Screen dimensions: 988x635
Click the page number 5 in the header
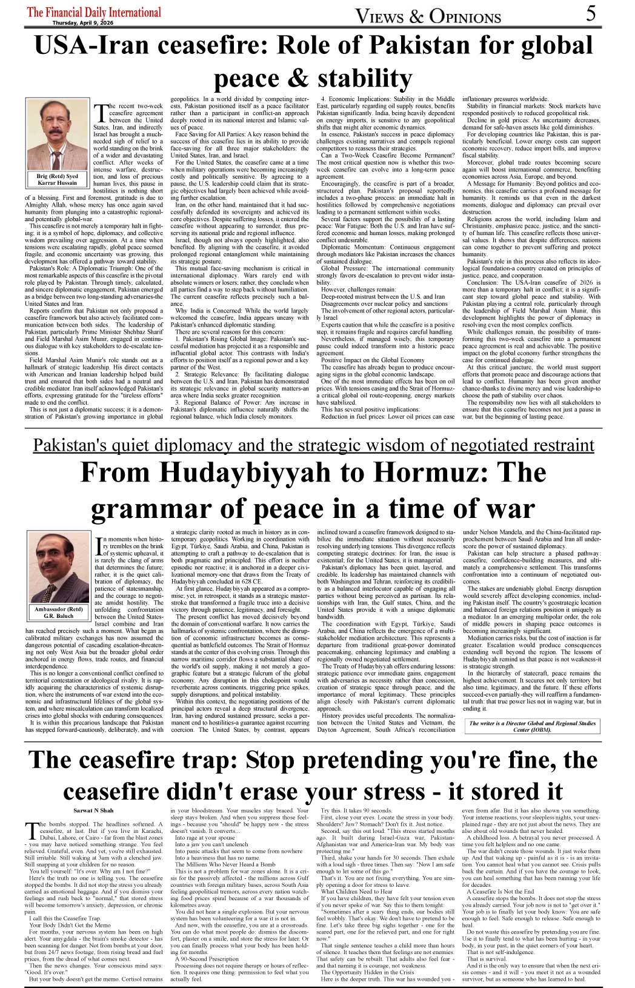[x=591, y=13]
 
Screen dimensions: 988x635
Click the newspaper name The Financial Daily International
[x=94, y=12]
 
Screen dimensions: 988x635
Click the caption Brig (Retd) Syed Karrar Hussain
[x=58, y=179]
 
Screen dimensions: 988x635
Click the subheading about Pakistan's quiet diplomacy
[x=313, y=445]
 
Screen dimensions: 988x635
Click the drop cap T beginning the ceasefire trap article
[x=30, y=831]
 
